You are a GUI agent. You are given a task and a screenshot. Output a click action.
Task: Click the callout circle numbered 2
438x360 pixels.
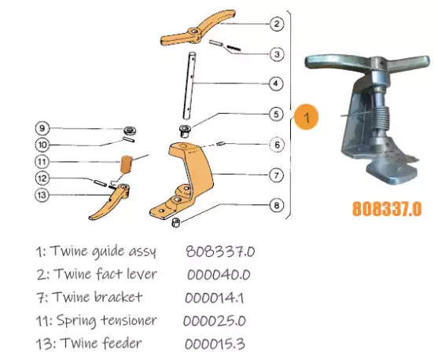(x=276, y=24)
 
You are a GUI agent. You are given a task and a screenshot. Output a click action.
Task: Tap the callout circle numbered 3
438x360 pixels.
(x=276, y=54)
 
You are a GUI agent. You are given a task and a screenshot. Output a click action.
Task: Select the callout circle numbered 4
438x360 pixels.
(x=276, y=83)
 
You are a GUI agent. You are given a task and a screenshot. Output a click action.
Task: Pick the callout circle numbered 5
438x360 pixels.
(x=276, y=114)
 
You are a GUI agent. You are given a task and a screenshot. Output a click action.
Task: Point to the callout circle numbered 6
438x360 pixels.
(x=276, y=144)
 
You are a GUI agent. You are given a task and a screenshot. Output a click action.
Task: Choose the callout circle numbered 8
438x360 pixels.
(x=276, y=206)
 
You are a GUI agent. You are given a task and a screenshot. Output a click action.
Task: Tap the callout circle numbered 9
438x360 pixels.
(x=43, y=127)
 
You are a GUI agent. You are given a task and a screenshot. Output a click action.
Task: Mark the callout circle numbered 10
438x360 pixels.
(x=43, y=144)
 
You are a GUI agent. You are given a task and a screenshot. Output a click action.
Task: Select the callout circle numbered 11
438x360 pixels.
(x=43, y=161)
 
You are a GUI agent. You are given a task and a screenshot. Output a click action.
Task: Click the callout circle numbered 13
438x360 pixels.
(x=43, y=195)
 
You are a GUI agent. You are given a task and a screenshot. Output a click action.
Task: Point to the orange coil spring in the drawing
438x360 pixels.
(x=127, y=166)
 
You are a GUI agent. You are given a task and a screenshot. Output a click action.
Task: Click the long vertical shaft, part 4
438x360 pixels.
(x=190, y=86)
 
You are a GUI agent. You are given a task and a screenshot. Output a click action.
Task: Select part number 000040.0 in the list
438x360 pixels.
(x=219, y=274)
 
